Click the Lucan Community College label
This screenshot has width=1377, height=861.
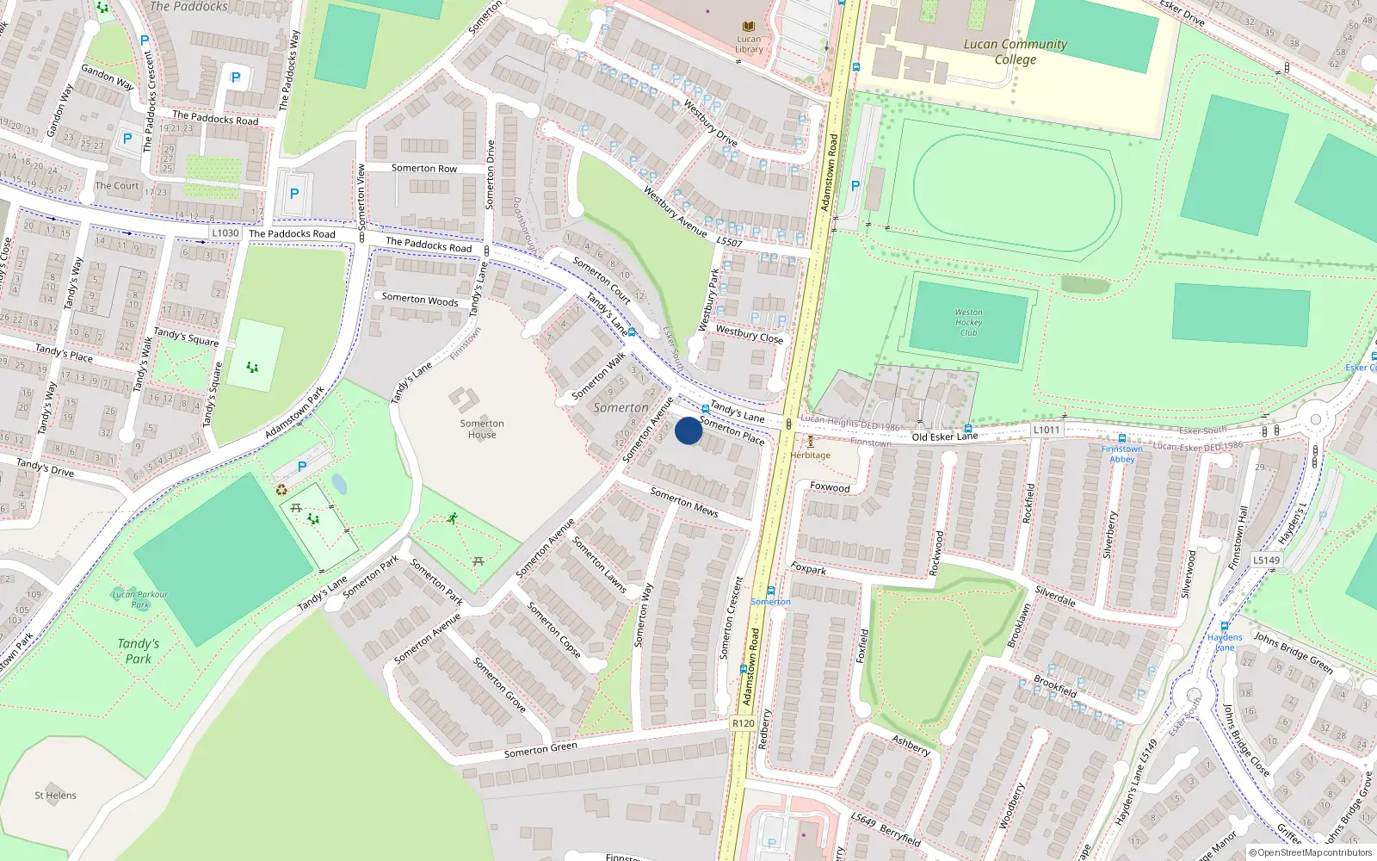pyautogui.click(x=1015, y=52)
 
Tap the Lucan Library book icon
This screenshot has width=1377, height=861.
pyautogui.click(x=749, y=28)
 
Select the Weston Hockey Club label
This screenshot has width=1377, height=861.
pyautogui.click(x=968, y=323)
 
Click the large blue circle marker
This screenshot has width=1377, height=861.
pyautogui.click(x=688, y=430)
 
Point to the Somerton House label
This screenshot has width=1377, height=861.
pyautogui.click(x=482, y=429)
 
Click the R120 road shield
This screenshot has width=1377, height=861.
pyautogui.click(x=744, y=723)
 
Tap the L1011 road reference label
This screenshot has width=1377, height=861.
pyautogui.click(x=1047, y=430)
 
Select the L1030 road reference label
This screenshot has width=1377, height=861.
pyautogui.click(x=225, y=233)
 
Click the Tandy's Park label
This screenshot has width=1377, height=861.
pyautogui.click(x=139, y=651)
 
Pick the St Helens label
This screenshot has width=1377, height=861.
pyautogui.click(x=55, y=796)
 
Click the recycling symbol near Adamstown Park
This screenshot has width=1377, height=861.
pyautogui.click(x=281, y=490)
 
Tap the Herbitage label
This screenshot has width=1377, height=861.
pyautogui.click(x=811, y=455)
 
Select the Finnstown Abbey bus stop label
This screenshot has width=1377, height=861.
pyautogui.click(x=1122, y=454)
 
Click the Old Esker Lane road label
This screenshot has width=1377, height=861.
pyautogui.click(x=945, y=437)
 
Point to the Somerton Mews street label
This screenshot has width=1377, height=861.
pyautogui.click(x=684, y=502)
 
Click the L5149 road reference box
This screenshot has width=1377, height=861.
pyautogui.click(x=1266, y=560)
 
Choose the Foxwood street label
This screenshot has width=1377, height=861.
pyautogui.click(x=830, y=487)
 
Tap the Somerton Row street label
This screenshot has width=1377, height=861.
pyautogui.click(x=424, y=169)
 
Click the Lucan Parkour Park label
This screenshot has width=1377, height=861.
pyautogui.click(x=140, y=599)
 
